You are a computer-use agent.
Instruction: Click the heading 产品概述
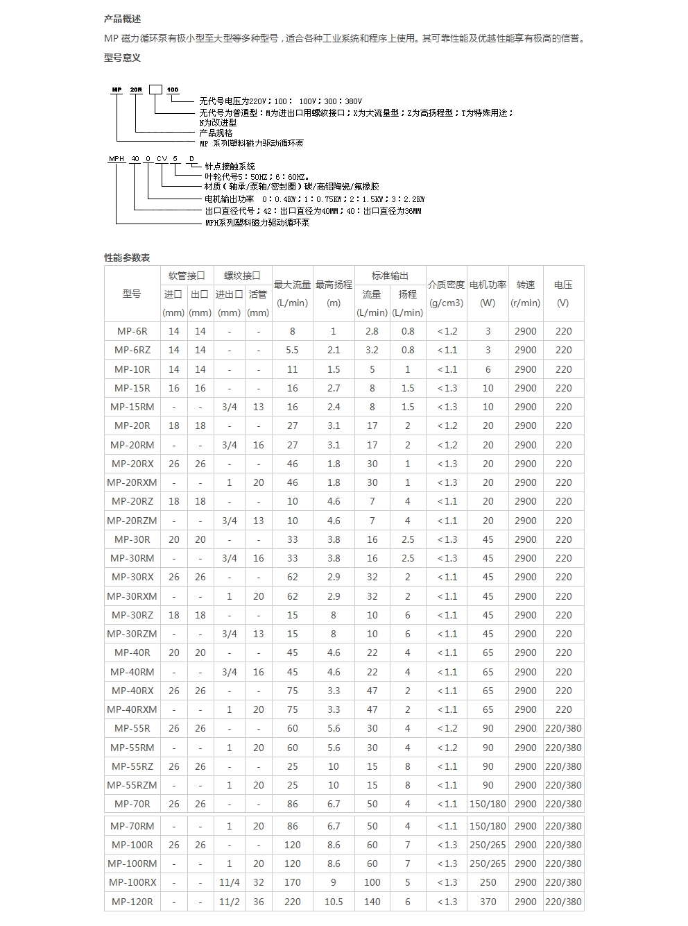(x=122, y=19)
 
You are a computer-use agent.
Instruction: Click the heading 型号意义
(x=122, y=58)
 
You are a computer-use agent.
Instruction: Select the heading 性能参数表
(x=127, y=258)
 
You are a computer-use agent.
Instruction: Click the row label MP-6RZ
(x=132, y=351)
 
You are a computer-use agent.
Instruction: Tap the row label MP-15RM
(x=132, y=407)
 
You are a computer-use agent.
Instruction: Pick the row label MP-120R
(x=132, y=902)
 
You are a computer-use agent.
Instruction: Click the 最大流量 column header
(x=292, y=285)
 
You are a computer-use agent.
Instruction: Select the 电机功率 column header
(x=488, y=285)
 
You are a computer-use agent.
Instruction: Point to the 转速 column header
(x=526, y=285)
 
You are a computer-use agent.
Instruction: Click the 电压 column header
(x=563, y=285)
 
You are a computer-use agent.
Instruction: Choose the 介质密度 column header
(x=446, y=285)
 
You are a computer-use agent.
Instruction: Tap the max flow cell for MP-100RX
(x=292, y=883)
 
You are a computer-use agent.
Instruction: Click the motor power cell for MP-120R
(x=488, y=902)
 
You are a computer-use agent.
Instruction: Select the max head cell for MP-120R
(x=334, y=902)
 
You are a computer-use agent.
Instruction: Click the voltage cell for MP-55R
(x=563, y=729)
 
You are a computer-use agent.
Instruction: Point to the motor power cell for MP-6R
(x=488, y=332)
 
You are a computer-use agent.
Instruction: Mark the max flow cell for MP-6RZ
(x=292, y=351)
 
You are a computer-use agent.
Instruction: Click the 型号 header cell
(x=132, y=294)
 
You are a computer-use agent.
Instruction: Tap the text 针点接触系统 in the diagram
(x=230, y=167)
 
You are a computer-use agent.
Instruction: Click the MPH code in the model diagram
(x=117, y=159)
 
